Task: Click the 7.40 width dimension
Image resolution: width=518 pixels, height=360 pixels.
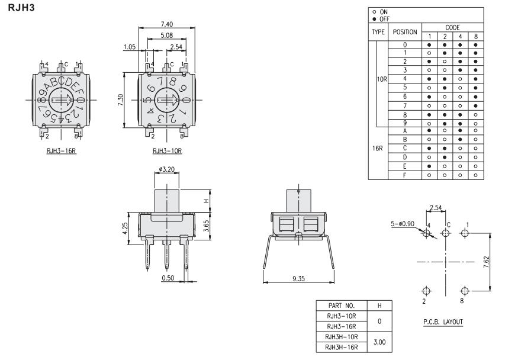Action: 167,23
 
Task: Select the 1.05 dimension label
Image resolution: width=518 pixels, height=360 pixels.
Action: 130,46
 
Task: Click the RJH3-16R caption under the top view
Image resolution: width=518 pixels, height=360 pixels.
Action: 62,150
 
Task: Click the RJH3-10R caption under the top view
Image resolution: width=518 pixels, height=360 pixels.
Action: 167,150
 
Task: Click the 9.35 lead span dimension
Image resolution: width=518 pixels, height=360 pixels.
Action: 298,278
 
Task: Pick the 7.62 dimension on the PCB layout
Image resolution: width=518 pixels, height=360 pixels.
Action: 494,261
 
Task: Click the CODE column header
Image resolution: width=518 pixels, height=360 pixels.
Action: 452,27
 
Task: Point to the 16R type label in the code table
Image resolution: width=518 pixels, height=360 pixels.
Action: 377,148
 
